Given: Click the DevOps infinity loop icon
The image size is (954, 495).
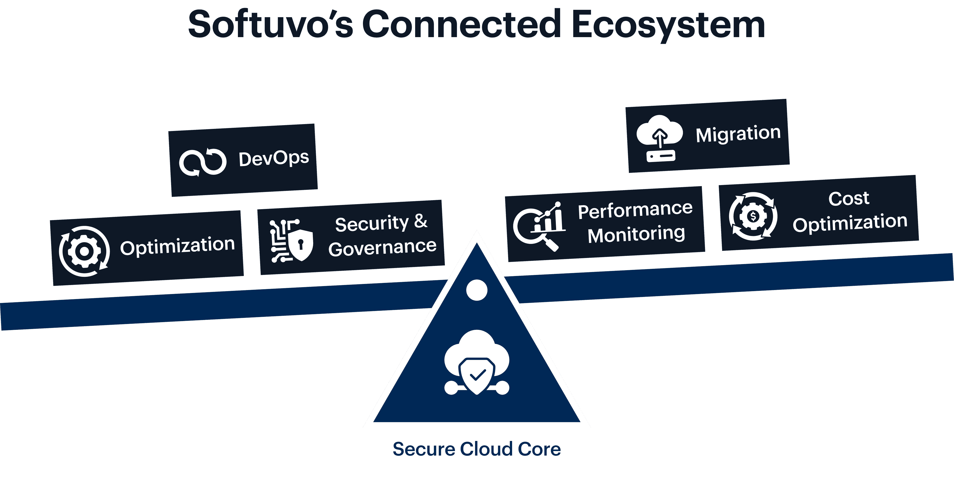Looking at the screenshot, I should (203, 162).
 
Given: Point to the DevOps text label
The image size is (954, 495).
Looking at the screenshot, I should (274, 159).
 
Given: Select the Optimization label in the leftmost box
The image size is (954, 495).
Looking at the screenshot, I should (178, 246).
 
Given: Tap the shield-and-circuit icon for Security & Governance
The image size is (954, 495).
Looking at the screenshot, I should (291, 241).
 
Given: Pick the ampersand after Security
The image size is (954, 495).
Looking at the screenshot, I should (420, 222).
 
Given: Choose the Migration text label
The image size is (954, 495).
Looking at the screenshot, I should (738, 134).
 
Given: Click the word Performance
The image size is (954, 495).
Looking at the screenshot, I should (635, 210).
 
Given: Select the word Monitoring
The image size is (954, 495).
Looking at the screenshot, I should (636, 235).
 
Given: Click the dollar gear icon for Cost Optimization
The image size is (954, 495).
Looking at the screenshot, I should (753, 216).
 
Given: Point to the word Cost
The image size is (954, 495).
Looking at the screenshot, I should (849, 199).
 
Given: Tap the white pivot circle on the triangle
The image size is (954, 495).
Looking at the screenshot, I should (477, 290).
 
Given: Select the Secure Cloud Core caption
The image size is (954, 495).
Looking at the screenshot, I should (477, 449).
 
